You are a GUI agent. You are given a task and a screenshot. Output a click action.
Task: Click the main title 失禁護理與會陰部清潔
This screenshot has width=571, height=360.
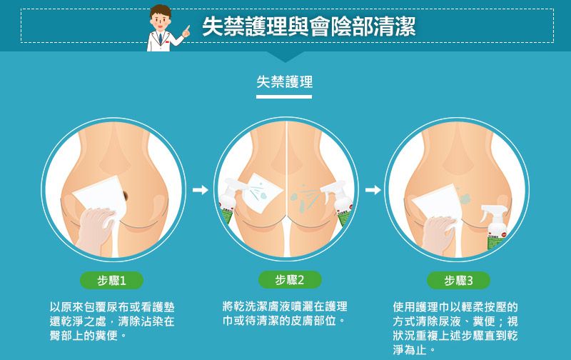[x=309, y=26]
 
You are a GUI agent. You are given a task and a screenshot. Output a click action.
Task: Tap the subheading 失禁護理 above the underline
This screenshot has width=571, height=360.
[x=284, y=81]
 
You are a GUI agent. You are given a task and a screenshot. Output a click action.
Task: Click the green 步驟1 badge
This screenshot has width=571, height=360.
[x=111, y=280]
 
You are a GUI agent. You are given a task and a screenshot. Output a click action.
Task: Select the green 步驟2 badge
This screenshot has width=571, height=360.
[x=290, y=280]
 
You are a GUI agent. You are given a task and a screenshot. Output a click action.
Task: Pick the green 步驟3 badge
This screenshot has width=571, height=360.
[x=458, y=280]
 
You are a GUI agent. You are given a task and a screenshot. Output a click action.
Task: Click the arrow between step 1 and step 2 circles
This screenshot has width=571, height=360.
[x=201, y=190]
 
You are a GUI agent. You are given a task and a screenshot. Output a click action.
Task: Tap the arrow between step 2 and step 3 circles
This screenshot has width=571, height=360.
[x=373, y=190]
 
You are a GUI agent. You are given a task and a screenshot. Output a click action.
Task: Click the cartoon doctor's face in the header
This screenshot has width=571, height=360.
[x=161, y=20]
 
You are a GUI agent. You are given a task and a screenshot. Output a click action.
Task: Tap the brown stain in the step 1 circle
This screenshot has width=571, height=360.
[x=125, y=196]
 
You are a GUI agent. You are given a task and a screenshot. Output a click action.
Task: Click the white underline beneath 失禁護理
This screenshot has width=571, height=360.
[x=284, y=96]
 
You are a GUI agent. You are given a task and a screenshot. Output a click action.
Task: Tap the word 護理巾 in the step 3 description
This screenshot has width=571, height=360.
[x=433, y=307]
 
